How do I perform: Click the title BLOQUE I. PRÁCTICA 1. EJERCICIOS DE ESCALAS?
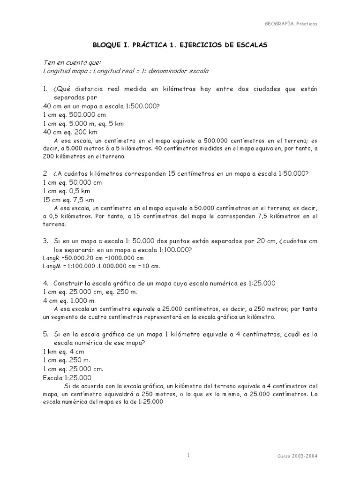tap(180, 45)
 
